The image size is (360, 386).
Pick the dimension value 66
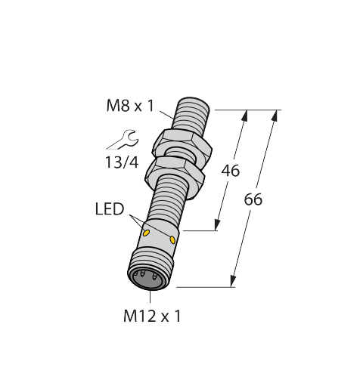(x=254, y=200)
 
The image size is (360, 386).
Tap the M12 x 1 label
(x=152, y=317)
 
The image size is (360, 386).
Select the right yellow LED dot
(x=173, y=240)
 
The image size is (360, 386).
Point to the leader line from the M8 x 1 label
(x=166, y=115)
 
